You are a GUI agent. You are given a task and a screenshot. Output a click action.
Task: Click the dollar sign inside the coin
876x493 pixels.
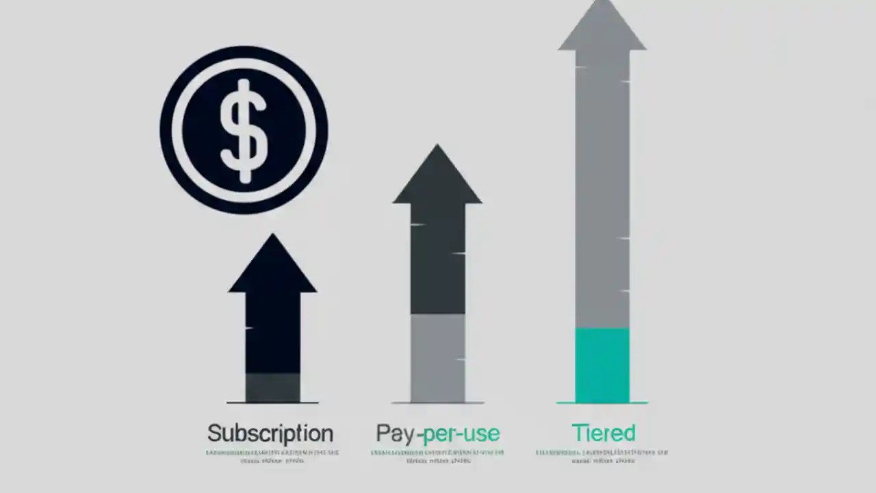click(243, 130)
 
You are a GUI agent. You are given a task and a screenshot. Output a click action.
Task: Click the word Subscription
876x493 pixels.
click(270, 433)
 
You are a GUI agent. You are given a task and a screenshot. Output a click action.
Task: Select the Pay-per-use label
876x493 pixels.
click(438, 433)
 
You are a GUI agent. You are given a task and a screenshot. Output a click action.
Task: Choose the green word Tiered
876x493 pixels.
click(603, 433)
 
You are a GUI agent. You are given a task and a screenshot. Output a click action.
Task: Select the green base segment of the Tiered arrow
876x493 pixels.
click(602, 365)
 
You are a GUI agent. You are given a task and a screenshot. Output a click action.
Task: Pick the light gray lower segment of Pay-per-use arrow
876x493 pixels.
click(437, 357)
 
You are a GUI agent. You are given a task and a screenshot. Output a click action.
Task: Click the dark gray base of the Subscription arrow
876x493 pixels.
click(272, 387)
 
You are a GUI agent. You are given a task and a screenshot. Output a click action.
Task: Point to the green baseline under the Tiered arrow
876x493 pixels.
click(602, 403)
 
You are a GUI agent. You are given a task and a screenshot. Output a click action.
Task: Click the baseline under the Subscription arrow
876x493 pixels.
click(272, 403)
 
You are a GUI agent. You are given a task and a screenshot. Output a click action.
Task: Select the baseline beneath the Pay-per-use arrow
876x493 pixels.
click(438, 403)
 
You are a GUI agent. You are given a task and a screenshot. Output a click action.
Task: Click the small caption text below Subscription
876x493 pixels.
click(272, 457)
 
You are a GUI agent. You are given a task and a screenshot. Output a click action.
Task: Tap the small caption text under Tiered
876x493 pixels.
click(602, 457)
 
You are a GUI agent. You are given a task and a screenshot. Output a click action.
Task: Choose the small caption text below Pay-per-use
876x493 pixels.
click(438, 457)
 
